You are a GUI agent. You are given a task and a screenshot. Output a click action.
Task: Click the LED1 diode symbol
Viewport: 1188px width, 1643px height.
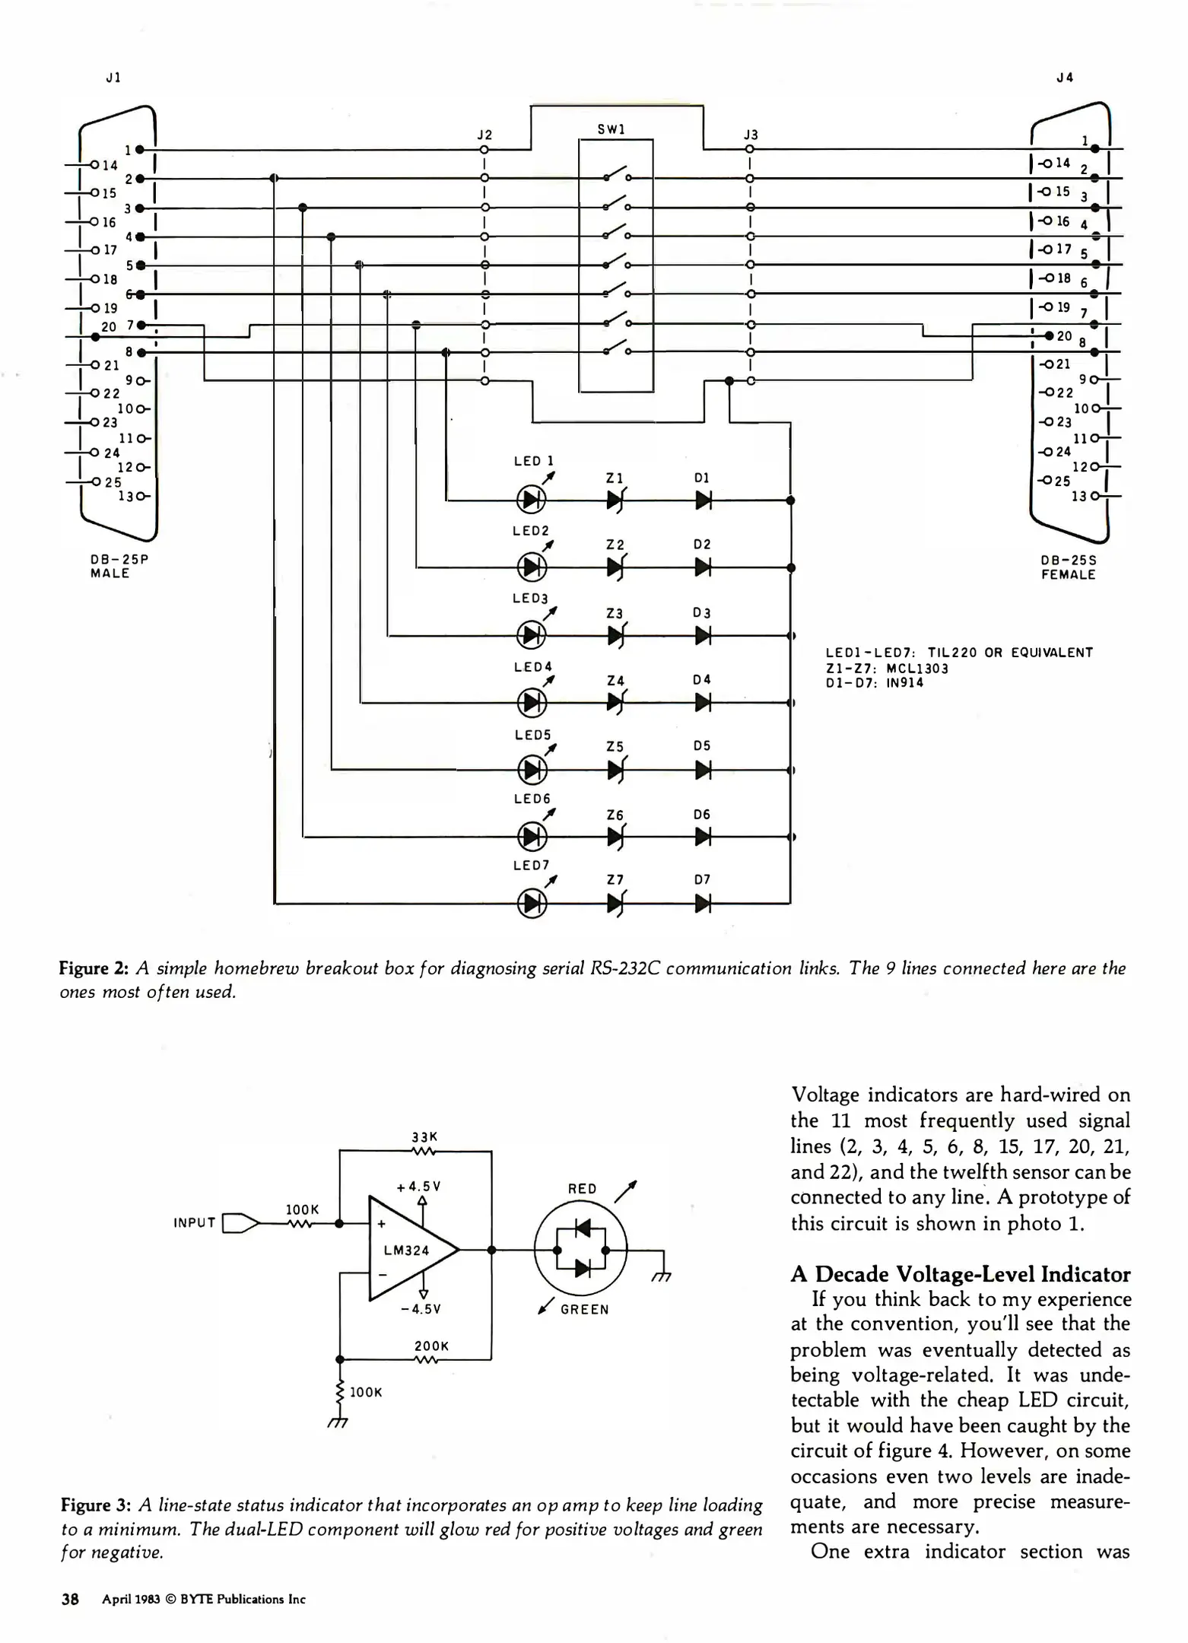(x=532, y=500)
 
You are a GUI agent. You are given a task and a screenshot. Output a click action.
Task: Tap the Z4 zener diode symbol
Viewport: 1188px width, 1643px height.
(x=615, y=703)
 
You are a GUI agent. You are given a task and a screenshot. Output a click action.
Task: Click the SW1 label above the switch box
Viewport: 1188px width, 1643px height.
(x=611, y=129)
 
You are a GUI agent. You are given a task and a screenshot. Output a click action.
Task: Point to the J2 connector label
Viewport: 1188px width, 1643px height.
(x=484, y=135)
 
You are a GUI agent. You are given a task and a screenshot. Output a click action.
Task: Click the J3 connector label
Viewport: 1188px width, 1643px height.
(x=751, y=135)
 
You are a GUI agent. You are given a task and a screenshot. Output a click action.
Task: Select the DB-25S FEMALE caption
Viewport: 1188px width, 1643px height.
(x=1069, y=567)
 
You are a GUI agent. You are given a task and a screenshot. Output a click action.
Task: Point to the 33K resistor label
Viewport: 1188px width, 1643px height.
(x=424, y=1137)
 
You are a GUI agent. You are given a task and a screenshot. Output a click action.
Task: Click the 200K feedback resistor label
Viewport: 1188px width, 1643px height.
(x=431, y=1346)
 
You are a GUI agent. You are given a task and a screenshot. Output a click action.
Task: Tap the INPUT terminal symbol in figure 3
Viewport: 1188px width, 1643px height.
(x=239, y=1223)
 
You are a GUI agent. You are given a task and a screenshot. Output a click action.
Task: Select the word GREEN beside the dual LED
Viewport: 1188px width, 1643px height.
(x=584, y=1310)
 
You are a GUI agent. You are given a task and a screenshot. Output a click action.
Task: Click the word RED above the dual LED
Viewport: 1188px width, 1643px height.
(x=583, y=1189)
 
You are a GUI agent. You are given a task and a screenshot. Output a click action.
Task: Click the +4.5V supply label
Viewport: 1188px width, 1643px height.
(x=418, y=1187)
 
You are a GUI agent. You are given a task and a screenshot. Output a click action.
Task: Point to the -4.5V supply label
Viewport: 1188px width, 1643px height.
(x=421, y=1309)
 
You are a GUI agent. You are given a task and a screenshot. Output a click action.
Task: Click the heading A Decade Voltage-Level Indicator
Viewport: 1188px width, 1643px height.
(x=960, y=1274)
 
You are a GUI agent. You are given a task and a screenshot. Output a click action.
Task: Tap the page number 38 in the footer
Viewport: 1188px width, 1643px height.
(x=70, y=1599)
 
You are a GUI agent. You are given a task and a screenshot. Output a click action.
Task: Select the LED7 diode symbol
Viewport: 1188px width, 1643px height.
(x=532, y=904)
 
